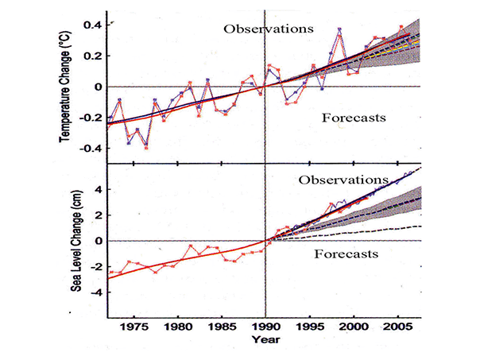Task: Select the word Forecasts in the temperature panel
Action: [x=354, y=118]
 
